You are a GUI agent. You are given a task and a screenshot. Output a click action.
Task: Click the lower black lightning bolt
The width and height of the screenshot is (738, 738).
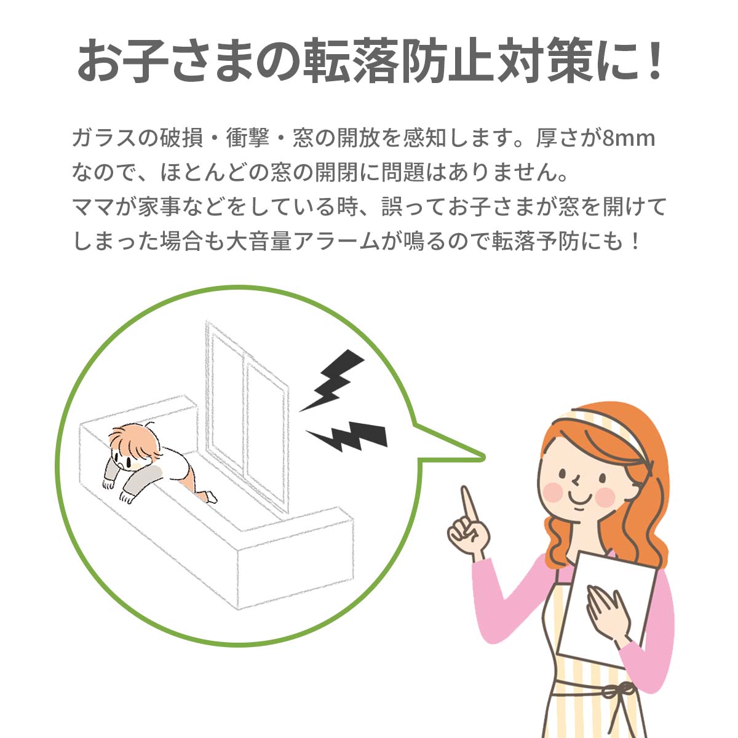coord(347,437)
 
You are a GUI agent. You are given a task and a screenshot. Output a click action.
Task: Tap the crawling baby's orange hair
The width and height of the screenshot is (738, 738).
coord(135,443)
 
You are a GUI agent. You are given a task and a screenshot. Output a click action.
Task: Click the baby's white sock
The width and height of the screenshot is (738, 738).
coord(210,497)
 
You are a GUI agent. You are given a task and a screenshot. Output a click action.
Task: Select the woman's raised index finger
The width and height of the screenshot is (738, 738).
coord(469,506)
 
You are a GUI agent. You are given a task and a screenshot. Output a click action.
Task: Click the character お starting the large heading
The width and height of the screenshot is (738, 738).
coord(100,61)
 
